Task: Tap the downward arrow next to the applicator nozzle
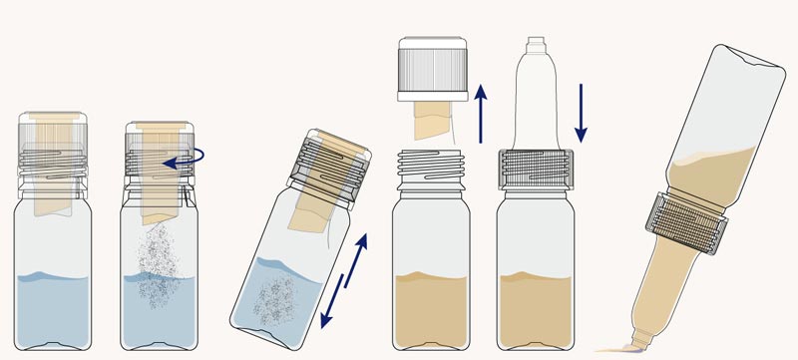click(x=582, y=112)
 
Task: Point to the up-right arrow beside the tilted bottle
click(x=356, y=257)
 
